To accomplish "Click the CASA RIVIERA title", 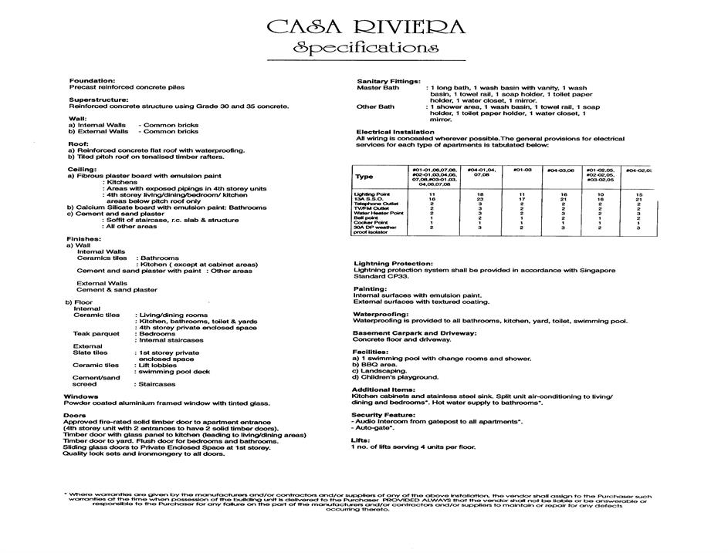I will coord(365,28).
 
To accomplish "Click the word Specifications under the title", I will coord(365,48).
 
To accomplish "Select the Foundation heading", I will coord(92,81).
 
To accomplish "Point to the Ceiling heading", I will coord(83,169).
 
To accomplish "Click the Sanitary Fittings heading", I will coord(388,81).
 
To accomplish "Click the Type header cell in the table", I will coord(364,176).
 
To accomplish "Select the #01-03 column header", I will coord(523,169).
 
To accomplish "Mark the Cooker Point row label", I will coord(371,222).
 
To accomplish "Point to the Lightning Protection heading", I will coord(393,264).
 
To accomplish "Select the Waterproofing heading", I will coord(381,314).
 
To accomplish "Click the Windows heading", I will coord(80,396).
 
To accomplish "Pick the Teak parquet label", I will coord(97,334).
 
